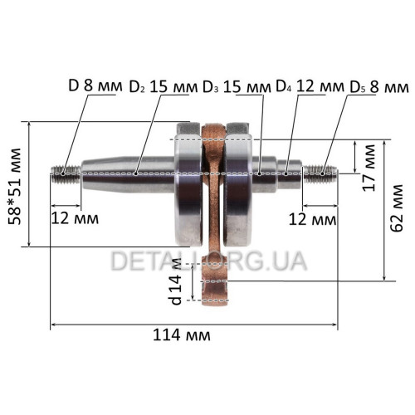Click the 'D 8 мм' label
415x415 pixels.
click(95, 86)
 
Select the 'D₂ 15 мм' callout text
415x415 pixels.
click(164, 87)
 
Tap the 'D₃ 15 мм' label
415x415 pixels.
click(237, 87)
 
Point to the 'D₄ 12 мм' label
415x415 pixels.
click(310, 87)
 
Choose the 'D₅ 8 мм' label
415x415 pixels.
click(379, 87)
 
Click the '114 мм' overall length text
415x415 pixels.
click(182, 335)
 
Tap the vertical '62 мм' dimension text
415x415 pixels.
click(396, 207)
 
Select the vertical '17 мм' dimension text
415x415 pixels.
click(369, 168)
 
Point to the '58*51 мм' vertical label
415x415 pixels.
click(14, 187)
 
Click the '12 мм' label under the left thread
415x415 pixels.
click(75, 218)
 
